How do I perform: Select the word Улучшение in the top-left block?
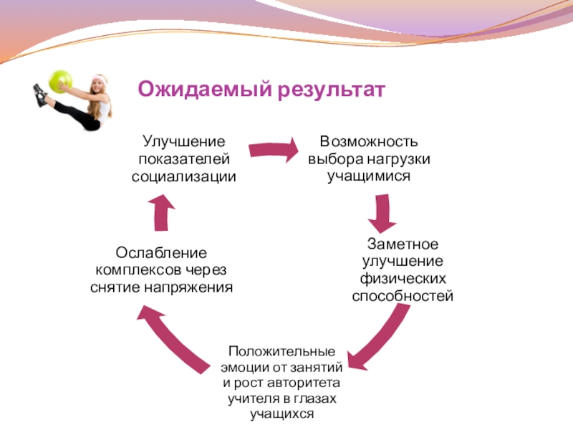point(183,143)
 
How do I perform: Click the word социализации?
point(183,176)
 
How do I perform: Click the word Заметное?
point(403,244)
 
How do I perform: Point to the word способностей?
point(403,295)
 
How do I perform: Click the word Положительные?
point(281,352)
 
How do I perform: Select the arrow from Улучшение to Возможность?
point(273,150)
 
